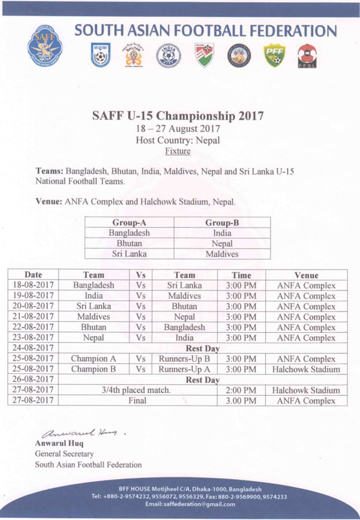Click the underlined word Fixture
click(x=178, y=151)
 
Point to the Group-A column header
click(x=129, y=222)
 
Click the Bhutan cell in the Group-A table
click(x=129, y=243)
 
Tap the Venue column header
click(x=306, y=275)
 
